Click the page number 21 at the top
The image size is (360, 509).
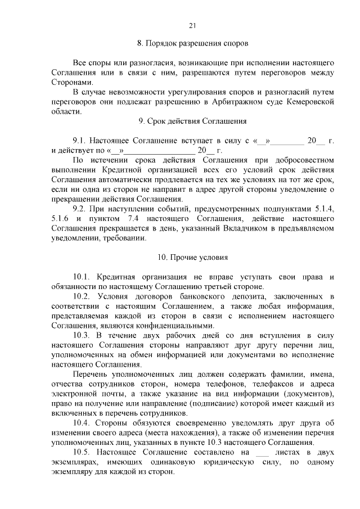point(192,25)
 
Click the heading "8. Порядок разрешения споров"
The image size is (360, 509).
point(192,43)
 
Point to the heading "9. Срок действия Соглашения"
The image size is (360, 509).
point(192,120)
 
